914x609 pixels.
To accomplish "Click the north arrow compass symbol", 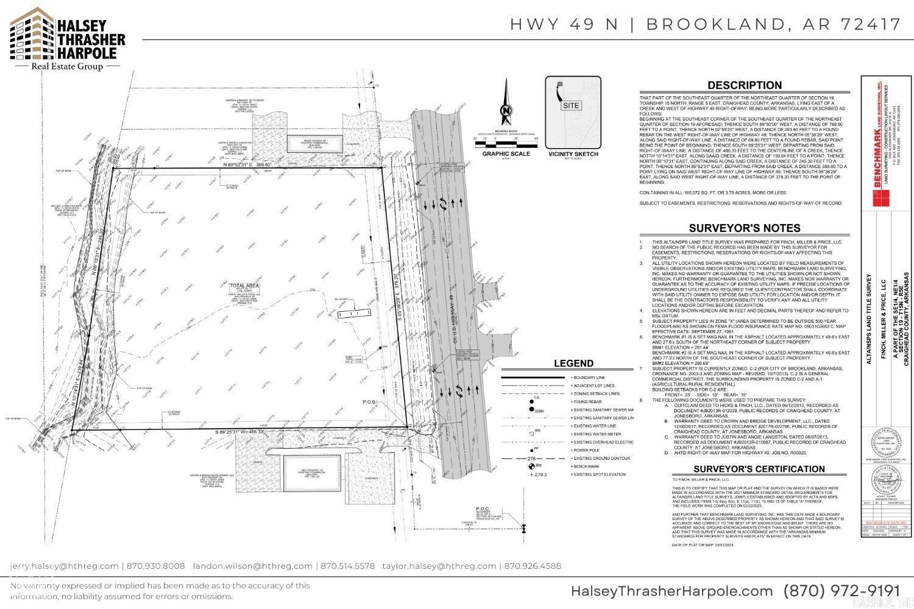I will [x=505, y=110].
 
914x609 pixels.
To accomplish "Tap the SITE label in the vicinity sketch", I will [x=571, y=105].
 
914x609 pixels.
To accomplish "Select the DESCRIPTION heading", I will [x=744, y=85].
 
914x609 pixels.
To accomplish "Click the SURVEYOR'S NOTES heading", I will [x=744, y=228].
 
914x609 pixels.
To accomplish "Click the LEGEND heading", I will [x=573, y=364].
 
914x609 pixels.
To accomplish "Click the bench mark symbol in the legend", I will [x=530, y=466].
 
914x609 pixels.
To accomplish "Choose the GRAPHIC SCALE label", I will [x=506, y=154].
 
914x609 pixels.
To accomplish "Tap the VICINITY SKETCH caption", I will [x=573, y=154].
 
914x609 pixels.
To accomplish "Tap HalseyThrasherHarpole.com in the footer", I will [x=671, y=591].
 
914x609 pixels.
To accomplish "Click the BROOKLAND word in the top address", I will [x=710, y=24].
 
